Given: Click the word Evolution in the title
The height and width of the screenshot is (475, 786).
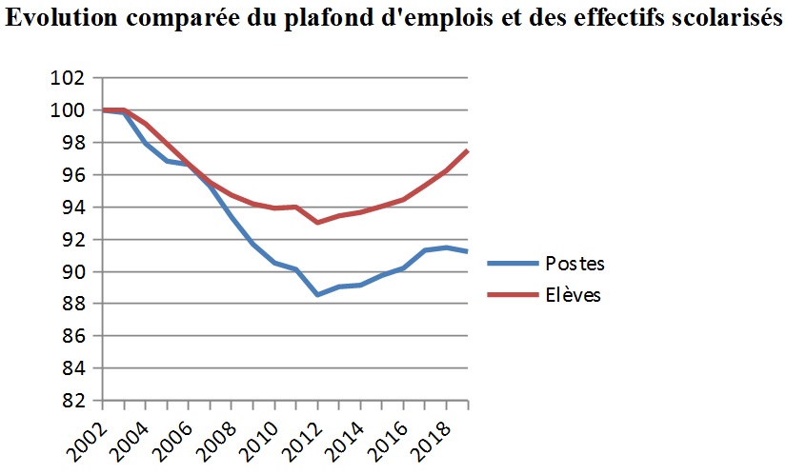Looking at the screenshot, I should pyautogui.click(x=57, y=21).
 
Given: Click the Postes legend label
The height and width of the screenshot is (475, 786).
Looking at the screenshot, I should pyautogui.click(x=574, y=264).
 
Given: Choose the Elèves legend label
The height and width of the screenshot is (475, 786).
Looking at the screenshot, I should pyautogui.click(x=573, y=295).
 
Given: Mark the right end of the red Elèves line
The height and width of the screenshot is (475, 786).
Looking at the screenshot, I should pyautogui.click(x=468, y=150).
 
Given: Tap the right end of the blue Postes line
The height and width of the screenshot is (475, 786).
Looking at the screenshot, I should pyautogui.click(x=468, y=251).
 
